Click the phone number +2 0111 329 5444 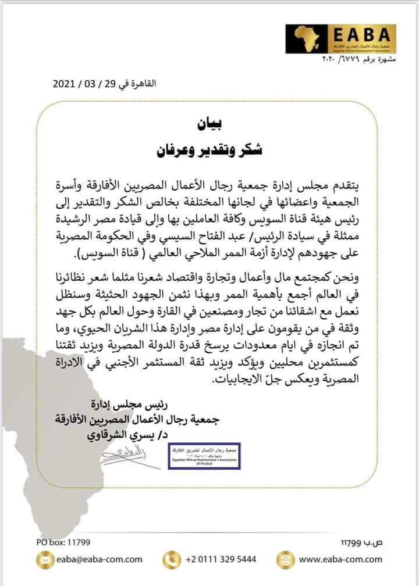[220, 559]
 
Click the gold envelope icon [44, 559]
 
